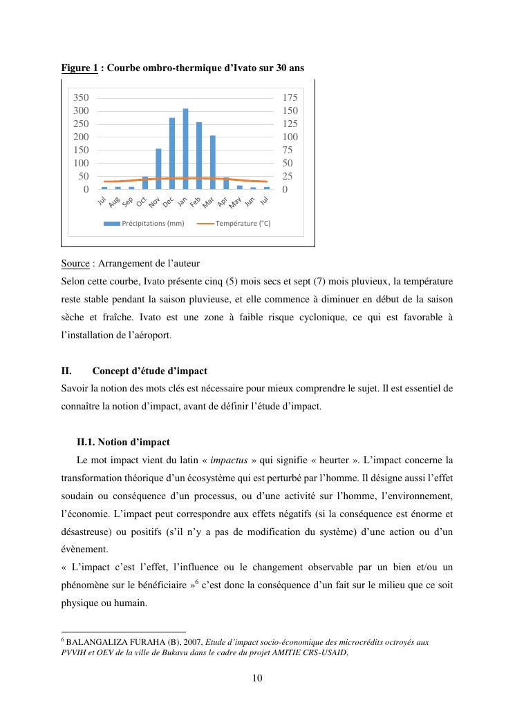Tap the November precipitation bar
(x=158, y=168)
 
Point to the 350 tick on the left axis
(x=82, y=98)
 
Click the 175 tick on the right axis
(x=290, y=98)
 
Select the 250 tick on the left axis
(x=82, y=124)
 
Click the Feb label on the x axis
(x=196, y=201)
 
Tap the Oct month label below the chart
(x=142, y=202)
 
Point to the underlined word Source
(x=75, y=264)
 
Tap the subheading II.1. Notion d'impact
(x=123, y=443)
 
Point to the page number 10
(x=257, y=678)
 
